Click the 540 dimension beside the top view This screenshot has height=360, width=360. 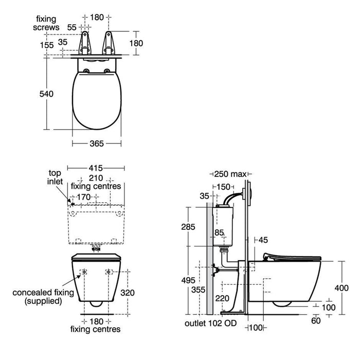(46, 94)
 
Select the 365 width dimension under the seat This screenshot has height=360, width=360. (97, 144)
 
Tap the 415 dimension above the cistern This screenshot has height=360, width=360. (96, 168)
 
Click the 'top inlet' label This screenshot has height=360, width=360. (55, 177)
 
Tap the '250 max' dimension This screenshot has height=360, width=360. (230, 174)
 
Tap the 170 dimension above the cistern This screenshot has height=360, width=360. (84, 197)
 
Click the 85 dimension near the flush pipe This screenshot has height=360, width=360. (219, 233)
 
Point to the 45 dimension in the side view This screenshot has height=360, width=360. (263, 240)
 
